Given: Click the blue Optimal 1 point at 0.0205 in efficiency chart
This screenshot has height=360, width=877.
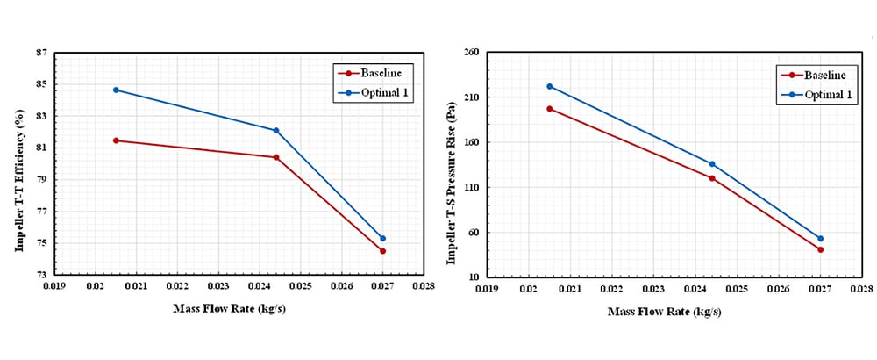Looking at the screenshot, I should (x=116, y=90).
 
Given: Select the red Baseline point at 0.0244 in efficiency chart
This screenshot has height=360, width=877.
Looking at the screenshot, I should (x=276, y=157).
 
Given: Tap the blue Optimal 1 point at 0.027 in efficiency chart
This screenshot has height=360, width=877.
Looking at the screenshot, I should (x=383, y=238).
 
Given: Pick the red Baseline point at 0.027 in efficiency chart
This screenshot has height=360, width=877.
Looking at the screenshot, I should (x=383, y=251).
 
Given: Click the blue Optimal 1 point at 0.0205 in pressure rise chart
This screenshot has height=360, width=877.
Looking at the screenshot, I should (x=550, y=86).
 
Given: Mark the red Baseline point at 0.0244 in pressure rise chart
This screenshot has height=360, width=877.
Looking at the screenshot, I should (x=712, y=178).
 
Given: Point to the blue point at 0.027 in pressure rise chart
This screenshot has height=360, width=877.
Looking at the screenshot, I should (x=821, y=238).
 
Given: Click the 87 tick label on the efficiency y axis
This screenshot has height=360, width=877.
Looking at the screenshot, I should (x=41, y=53).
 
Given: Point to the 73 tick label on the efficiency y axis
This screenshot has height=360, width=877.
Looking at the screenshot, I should (x=41, y=275).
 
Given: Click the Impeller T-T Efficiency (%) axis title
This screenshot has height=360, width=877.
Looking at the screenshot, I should (x=18, y=164).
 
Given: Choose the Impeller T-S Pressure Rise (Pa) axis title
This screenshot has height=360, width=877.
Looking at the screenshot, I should (x=451, y=165).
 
